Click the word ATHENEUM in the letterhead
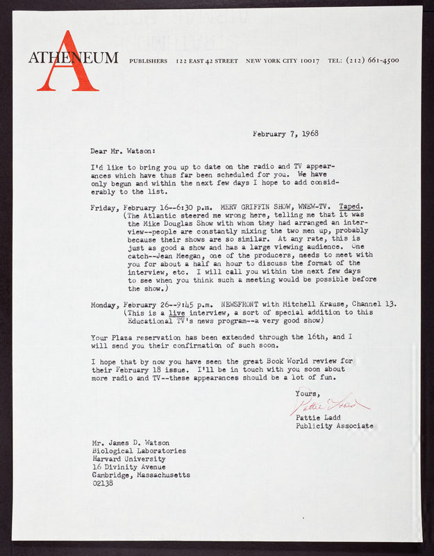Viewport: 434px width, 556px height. [x=73, y=58]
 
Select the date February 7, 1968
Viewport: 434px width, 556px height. [x=285, y=133]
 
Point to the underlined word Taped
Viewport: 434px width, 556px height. [x=351, y=207]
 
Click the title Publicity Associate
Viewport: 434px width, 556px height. [x=334, y=425]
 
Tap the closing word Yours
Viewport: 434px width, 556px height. [x=308, y=393]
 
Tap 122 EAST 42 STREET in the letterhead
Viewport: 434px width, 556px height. [x=207, y=60]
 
